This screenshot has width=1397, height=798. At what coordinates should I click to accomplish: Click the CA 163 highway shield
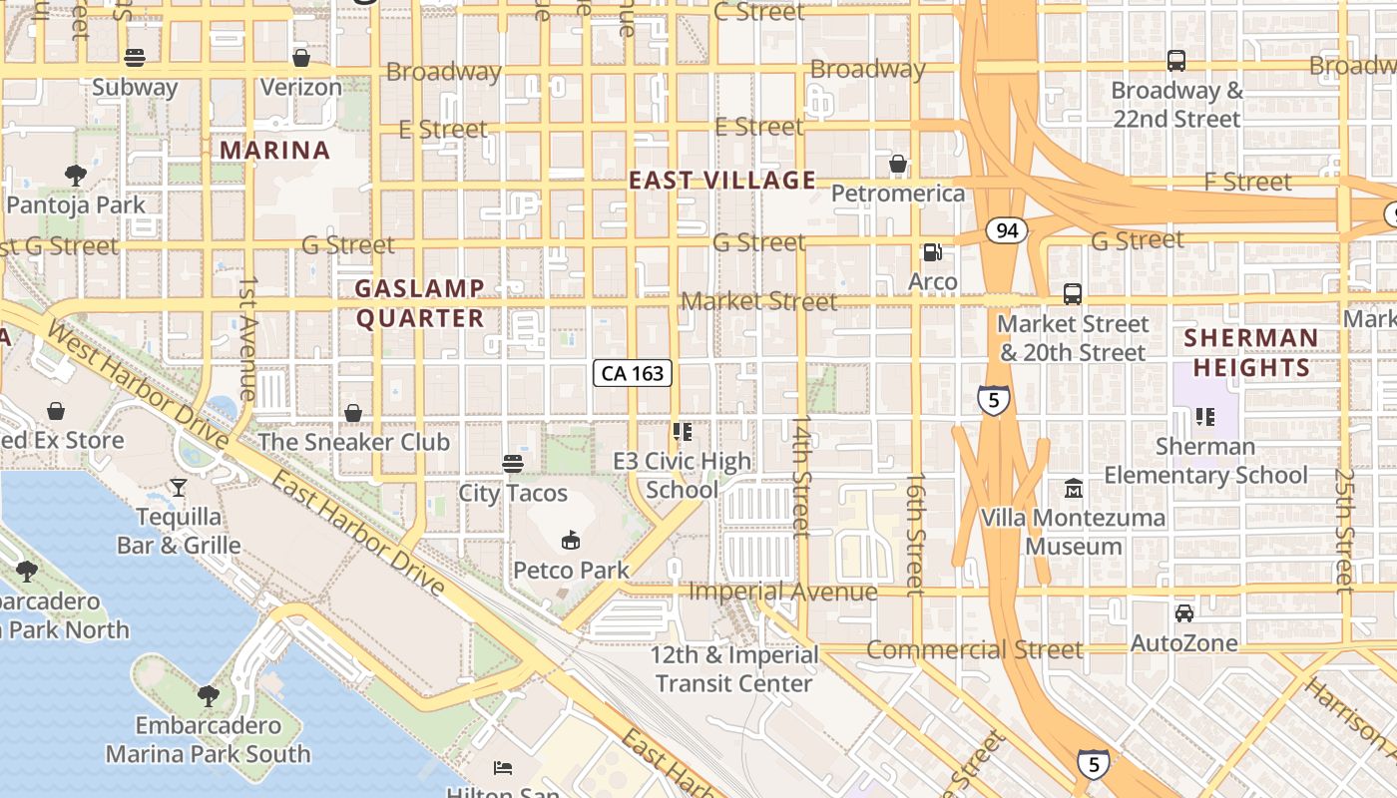(x=633, y=373)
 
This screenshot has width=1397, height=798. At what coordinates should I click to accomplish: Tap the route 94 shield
(x=1007, y=230)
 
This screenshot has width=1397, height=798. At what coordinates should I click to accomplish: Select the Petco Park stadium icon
(x=571, y=541)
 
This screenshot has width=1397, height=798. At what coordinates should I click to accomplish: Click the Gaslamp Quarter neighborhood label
(x=420, y=303)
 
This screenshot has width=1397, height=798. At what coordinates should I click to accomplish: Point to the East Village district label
(x=722, y=181)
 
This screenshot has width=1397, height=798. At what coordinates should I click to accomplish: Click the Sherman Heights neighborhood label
(x=1251, y=352)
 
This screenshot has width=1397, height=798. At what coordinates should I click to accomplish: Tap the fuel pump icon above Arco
(x=932, y=253)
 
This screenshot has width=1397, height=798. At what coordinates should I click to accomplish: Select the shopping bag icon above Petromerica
(x=898, y=164)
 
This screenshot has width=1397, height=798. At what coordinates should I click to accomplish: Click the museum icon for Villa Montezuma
(x=1074, y=489)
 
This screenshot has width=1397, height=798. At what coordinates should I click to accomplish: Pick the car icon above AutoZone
(x=1184, y=613)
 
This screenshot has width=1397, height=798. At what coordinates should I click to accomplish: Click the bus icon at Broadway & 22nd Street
(x=1176, y=61)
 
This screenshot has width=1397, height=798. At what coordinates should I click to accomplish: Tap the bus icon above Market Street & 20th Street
(x=1073, y=294)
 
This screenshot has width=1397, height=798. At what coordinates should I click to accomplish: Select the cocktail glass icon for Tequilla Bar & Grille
(x=179, y=487)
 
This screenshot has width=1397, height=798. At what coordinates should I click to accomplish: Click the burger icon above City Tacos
(x=513, y=463)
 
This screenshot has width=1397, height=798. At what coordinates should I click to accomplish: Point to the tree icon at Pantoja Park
(x=75, y=176)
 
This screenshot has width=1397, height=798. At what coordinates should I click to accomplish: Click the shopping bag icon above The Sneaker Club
(x=353, y=412)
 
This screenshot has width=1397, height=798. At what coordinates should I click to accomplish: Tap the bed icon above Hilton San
(x=504, y=768)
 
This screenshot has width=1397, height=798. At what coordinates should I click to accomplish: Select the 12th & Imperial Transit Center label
(x=734, y=669)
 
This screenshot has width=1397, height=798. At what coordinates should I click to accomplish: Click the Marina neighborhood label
(x=274, y=151)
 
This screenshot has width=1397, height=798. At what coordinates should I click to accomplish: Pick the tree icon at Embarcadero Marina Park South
(x=209, y=695)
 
